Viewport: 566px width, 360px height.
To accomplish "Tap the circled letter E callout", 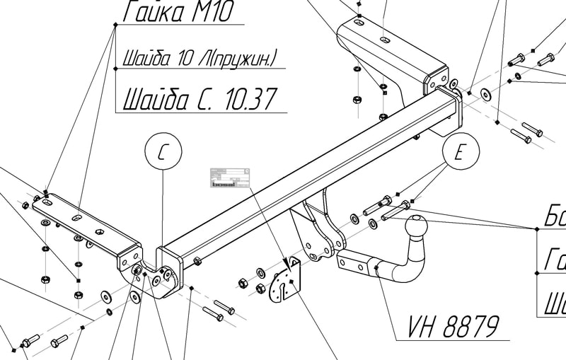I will (x=461, y=153).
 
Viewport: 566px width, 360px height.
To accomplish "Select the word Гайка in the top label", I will (x=154, y=12).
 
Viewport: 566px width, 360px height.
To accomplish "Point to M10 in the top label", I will (x=210, y=12).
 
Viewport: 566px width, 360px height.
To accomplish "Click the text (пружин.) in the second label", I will (x=241, y=57).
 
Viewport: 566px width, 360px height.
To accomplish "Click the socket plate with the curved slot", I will (x=287, y=281).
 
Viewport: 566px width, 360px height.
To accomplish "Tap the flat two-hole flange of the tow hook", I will (x=354, y=264).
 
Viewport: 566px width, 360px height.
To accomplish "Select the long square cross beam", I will (x=304, y=177).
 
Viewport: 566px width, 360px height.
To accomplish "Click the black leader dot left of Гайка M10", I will (x=115, y=25).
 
